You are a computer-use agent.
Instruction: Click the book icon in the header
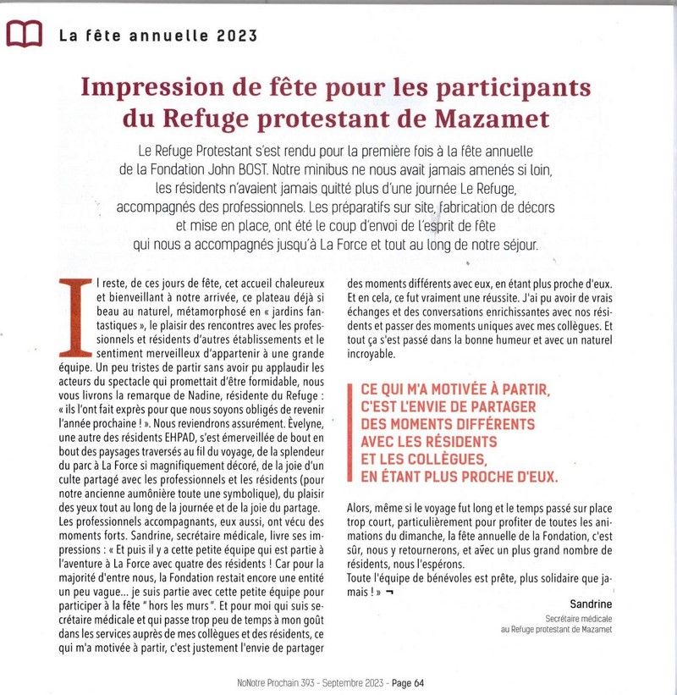pos(23,35)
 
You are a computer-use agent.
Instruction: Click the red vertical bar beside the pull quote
pos(351,434)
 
